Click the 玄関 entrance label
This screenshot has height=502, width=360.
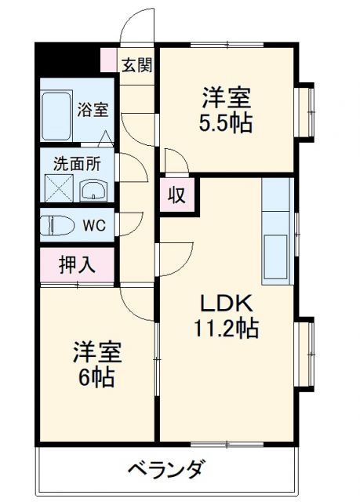(x=136, y=64)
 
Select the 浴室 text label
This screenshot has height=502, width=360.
(x=93, y=110)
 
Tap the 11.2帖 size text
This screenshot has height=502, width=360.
(x=227, y=328)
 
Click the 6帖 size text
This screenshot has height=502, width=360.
(x=96, y=377)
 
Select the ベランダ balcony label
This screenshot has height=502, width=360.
(x=167, y=471)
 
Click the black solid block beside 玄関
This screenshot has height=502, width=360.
(x=67, y=60)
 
